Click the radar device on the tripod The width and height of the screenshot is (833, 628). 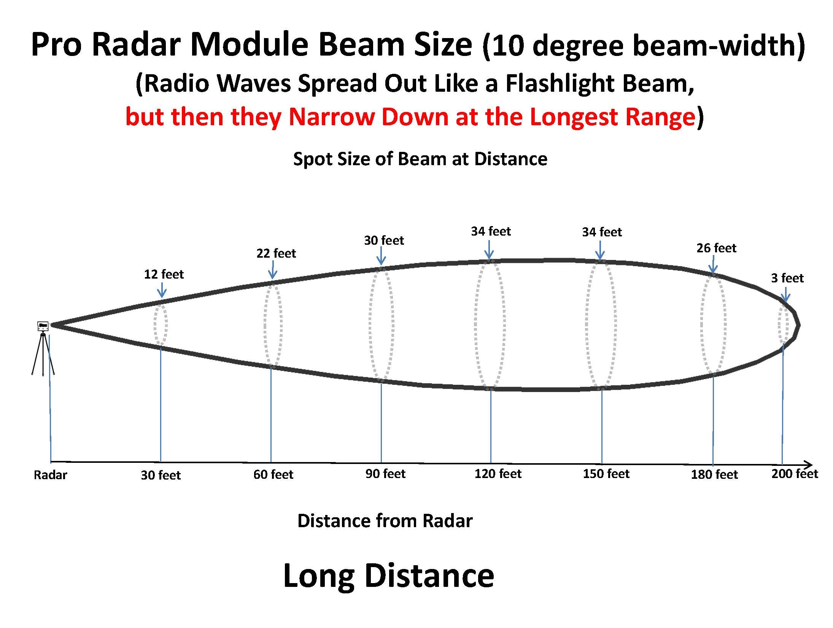pos(43,326)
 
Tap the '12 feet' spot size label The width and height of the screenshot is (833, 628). pos(164,274)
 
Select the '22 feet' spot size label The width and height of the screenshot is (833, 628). pos(276,253)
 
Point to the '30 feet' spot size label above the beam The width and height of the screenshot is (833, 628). pos(384,241)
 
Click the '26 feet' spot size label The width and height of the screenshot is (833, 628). pos(717,248)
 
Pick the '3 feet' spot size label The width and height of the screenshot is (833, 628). pos(787,278)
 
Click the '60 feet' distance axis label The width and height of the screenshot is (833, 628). pos(273,475)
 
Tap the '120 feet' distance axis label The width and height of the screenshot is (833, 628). pos(498,474)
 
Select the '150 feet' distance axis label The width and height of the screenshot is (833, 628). pos(606,474)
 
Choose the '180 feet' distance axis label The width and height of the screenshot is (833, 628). pos(714,475)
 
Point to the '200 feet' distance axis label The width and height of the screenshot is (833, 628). pos(795,474)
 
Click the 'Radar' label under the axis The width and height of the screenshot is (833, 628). pos(50,475)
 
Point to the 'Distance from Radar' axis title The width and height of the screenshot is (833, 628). pos(385,521)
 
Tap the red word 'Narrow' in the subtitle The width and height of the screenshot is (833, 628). pos(332,117)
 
